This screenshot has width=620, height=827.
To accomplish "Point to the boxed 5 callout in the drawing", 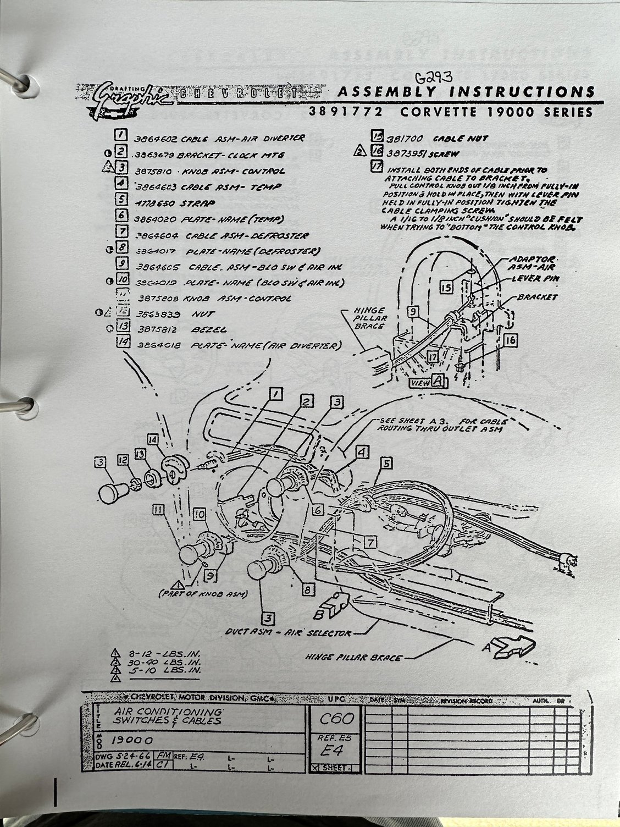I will [387, 464].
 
